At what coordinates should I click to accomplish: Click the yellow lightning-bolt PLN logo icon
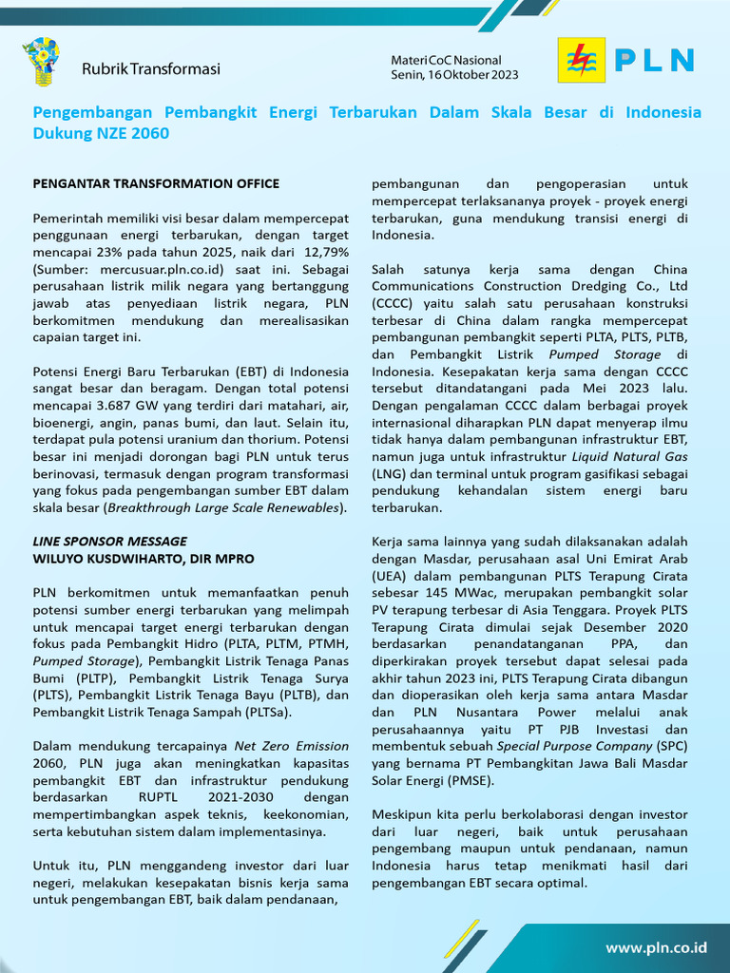578,60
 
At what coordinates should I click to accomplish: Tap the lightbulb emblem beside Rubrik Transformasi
41,62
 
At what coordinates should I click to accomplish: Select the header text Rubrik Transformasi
151,68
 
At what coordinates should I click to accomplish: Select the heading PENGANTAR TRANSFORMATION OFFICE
157,183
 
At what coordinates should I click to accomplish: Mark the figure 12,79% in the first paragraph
325,252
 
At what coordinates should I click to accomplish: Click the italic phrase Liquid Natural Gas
634,456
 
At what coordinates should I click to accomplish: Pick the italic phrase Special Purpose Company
575,746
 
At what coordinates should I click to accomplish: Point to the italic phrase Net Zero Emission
292,746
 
